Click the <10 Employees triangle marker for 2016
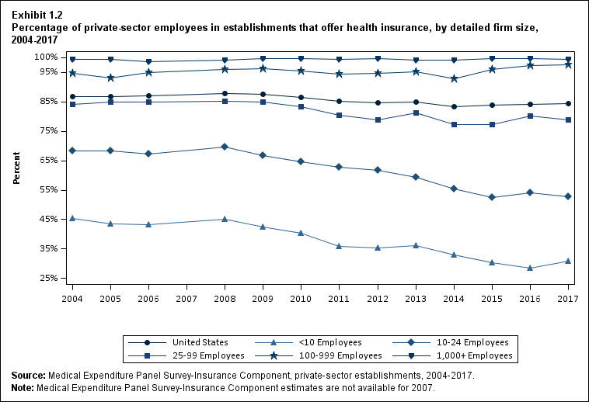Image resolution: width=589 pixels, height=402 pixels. [530, 268]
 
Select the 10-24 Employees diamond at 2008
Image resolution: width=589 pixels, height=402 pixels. [225, 147]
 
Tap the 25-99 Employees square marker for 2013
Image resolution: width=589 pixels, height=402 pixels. [416, 113]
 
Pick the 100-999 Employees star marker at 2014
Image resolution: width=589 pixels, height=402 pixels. [454, 78]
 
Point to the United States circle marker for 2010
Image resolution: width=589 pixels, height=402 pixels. [301, 98]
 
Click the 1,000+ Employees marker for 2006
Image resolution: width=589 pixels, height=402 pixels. [148, 61]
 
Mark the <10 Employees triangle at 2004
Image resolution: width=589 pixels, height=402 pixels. [72, 218]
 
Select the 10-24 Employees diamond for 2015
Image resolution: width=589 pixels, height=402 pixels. [492, 197]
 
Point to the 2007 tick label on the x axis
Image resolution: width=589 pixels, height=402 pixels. [186, 299]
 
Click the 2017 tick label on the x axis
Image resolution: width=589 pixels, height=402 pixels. [567, 299]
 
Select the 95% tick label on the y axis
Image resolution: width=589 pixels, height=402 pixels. [47, 72]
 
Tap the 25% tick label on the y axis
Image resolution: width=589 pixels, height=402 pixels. [47, 278]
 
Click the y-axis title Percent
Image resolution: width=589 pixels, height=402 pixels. [16, 168]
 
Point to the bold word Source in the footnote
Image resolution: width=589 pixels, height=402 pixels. [28, 376]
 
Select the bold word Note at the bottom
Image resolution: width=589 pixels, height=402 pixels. [23, 387]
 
